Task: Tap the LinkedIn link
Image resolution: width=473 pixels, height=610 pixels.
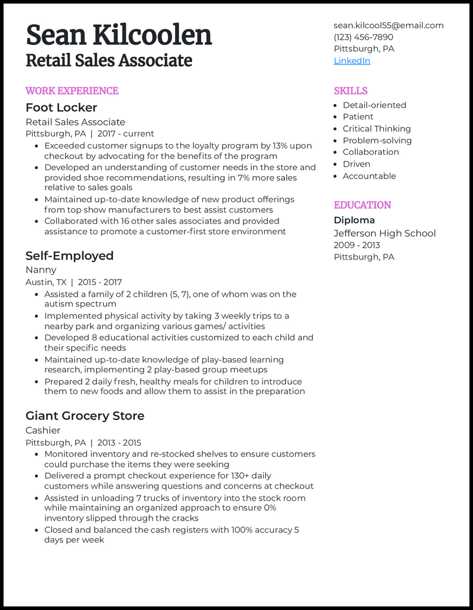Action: (352, 61)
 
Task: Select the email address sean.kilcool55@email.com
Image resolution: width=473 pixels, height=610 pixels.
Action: (388, 25)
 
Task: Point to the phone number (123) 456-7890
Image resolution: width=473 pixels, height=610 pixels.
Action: (363, 37)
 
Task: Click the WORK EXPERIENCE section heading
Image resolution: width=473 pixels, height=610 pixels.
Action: (72, 90)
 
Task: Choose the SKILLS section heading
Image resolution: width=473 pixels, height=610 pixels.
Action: (351, 90)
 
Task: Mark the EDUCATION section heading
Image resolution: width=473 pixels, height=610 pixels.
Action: (362, 205)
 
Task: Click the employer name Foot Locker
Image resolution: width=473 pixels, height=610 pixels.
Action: (61, 108)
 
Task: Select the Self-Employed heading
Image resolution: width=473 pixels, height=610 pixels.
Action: (69, 256)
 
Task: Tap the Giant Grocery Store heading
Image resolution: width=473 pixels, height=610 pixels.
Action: (85, 416)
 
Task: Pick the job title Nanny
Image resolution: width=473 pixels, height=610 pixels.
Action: (41, 270)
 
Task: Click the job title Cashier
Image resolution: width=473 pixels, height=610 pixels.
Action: (43, 430)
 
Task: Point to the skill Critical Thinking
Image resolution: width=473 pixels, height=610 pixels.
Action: (377, 129)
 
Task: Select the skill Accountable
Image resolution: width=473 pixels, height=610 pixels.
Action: (370, 176)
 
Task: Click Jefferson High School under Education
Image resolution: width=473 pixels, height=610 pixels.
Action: (384, 233)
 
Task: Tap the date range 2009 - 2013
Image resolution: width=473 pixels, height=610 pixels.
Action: (357, 245)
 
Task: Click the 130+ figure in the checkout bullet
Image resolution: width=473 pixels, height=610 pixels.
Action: (232, 476)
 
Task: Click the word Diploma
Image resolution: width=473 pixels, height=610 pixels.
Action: (354, 220)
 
